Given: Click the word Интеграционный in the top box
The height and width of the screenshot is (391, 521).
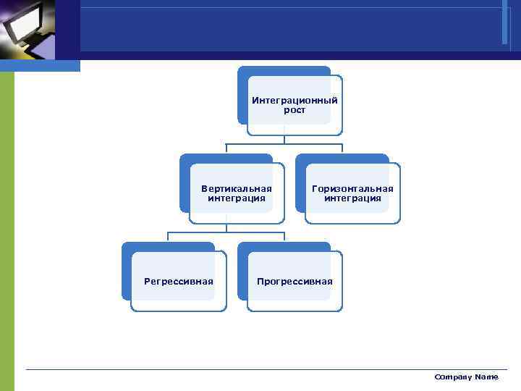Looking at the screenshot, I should point(295,101).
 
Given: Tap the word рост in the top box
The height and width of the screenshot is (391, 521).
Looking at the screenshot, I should point(295,110).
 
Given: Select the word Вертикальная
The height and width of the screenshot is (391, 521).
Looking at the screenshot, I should point(237,188).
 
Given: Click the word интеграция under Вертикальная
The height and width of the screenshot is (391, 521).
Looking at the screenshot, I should point(237,198).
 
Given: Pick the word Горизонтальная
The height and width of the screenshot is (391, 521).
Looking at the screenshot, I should point(352,188).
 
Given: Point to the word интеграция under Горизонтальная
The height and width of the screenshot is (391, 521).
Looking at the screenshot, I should point(352,198).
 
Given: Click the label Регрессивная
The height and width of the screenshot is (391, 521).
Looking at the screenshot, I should point(179,281).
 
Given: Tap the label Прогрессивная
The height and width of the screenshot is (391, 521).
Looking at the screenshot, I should point(295,281).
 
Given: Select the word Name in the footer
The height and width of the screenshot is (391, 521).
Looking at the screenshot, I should point(486,377).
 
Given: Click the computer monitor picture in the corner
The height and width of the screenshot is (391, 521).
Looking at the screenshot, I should point(27,29).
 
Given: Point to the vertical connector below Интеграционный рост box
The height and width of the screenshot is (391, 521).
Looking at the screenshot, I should point(284,140).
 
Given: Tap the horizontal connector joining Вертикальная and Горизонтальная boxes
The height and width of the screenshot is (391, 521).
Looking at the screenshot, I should point(284,144).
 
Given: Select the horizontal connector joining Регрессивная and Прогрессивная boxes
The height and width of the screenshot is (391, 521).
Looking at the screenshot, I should point(226,232).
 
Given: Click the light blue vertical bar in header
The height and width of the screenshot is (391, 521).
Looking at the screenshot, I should point(504,22).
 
